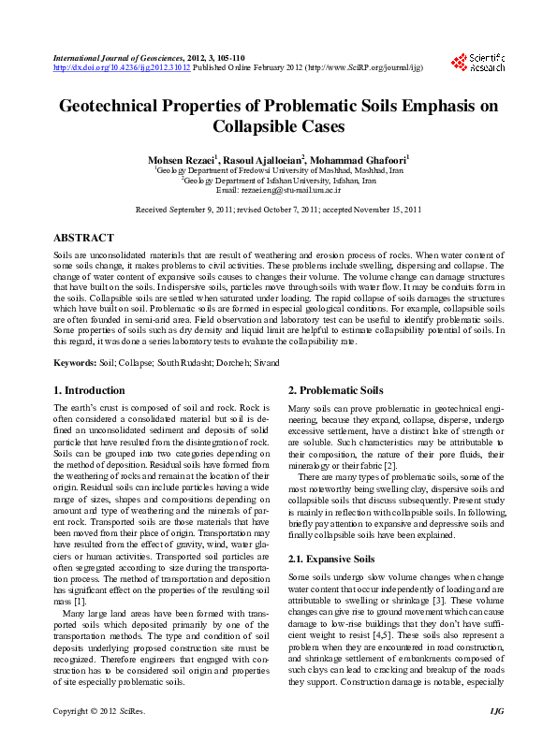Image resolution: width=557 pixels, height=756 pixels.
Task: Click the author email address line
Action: (x=278, y=190)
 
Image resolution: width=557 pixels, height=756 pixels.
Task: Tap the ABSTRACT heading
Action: (x=84, y=239)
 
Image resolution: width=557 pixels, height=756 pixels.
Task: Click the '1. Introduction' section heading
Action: (x=89, y=390)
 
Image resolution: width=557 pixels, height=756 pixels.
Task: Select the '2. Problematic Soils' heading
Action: (x=335, y=390)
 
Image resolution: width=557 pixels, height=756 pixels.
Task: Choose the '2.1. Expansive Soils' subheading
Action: (x=330, y=559)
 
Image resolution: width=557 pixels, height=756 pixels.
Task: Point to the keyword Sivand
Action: (x=265, y=362)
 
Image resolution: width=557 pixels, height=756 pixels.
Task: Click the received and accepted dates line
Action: (x=278, y=210)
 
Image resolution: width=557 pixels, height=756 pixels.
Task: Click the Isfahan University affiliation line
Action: (x=278, y=181)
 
